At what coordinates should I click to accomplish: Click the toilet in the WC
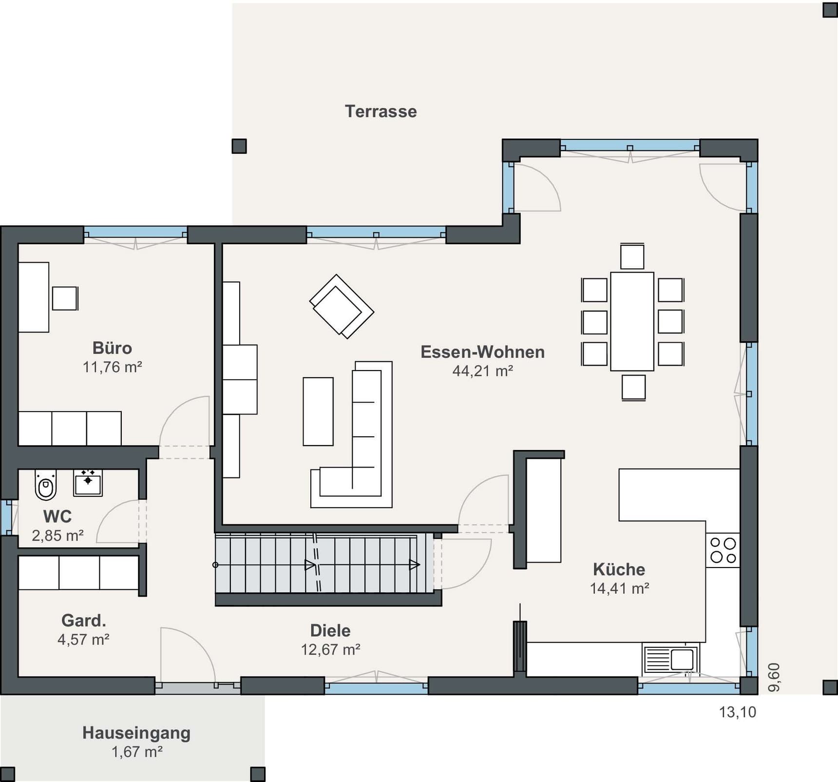(46, 485)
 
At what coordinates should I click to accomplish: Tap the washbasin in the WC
(88, 483)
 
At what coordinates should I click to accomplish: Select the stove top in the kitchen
(723, 550)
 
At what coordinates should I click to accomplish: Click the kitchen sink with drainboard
(671, 660)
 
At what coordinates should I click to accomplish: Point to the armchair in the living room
(342, 306)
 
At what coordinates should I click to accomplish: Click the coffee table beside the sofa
(318, 411)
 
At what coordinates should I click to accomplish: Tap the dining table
(632, 321)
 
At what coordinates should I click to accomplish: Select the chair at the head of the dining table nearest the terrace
(632, 256)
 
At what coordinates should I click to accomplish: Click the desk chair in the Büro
(65, 298)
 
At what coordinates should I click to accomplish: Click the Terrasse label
(381, 111)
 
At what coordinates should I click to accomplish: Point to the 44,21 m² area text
(482, 371)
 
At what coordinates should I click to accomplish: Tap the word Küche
(619, 569)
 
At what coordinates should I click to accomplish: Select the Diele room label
(330, 630)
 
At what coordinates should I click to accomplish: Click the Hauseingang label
(136, 733)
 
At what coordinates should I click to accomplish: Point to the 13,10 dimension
(738, 712)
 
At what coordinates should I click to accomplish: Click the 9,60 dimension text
(774, 677)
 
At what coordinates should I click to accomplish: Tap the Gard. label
(83, 620)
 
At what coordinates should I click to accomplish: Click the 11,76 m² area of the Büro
(112, 367)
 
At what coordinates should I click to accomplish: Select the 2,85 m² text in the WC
(57, 536)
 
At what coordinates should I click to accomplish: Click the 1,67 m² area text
(137, 752)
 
